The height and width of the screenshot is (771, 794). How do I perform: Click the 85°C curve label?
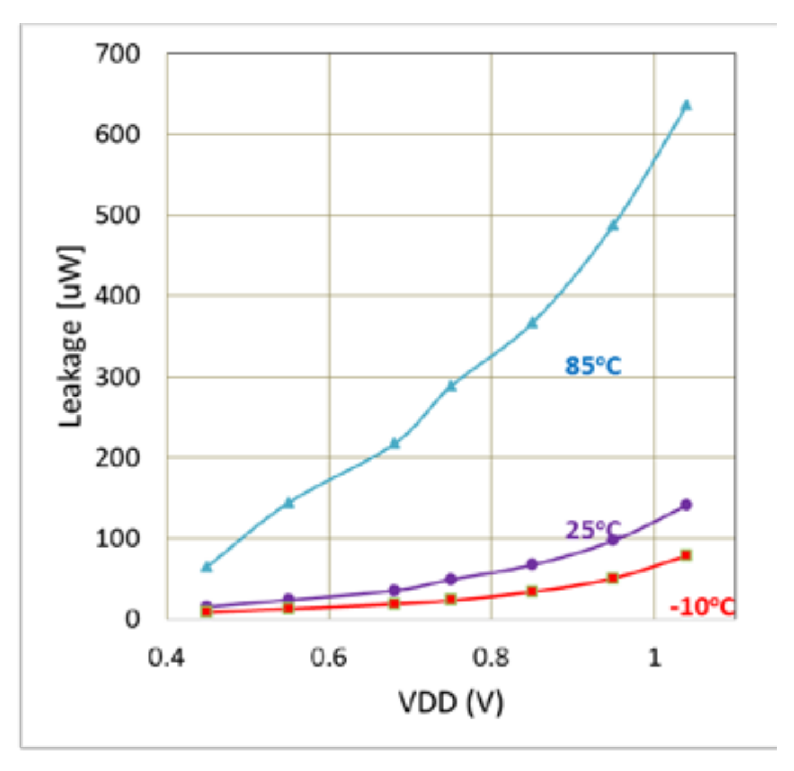pyautogui.click(x=593, y=366)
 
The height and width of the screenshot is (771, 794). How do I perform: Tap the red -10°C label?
pyautogui.click(x=702, y=607)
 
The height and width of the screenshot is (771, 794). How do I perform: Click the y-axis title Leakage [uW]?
pyautogui.click(x=72, y=336)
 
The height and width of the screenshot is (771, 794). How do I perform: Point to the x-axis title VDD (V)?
pyautogui.click(x=450, y=702)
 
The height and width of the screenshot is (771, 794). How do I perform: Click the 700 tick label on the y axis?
pyautogui.click(x=118, y=54)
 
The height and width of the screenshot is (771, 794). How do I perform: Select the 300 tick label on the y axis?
pyautogui.click(x=118, y=377)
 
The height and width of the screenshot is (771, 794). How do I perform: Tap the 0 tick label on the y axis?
pyautogui.click(x=132, y=619)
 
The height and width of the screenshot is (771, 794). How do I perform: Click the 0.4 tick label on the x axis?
pyautogui.click(x=166, y=658)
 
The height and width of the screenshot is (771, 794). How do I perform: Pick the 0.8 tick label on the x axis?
pyautogui.click(x=490, y=658)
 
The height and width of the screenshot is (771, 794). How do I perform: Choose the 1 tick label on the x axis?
pyautogui.click(x=654, y=658)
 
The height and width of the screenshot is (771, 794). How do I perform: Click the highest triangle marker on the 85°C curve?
pyautogui.click(x=686, y=105)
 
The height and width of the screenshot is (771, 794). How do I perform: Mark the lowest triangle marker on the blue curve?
pyautogui.click(x=207, y=566)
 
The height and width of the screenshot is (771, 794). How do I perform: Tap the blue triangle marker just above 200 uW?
pyautogui.click(x=395, y=444)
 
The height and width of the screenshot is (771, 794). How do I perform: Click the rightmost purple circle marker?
pyautogui.click(x=686, y=504)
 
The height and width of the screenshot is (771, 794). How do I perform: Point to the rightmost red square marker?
pyautogui.click(x=686, y=555)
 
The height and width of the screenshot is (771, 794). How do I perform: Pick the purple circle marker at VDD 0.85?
pyautogui.click(x=532, y=564)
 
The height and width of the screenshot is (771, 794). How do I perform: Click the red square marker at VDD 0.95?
pyautogui.click(x=613, y=578)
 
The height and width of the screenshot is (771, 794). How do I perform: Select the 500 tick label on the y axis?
pyautogui.click(x=118, y=215)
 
